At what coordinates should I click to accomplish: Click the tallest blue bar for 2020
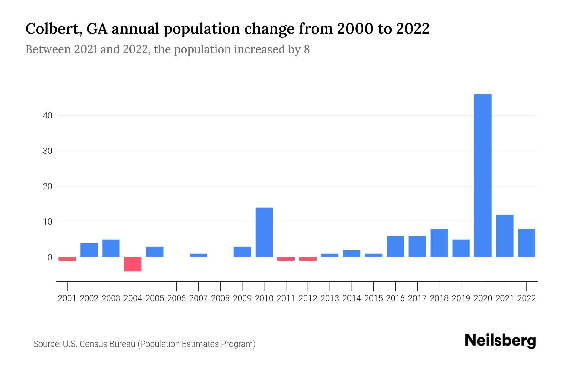[483, 176]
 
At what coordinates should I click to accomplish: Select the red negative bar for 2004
[133, 264]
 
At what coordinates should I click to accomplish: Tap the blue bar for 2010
[264, 232]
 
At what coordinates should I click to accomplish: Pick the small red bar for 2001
[67, 259]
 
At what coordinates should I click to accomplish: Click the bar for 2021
[505, 236]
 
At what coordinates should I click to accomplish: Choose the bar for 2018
[439, 243]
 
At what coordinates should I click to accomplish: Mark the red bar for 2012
[308, 259]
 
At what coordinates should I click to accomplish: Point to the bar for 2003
[111, 248]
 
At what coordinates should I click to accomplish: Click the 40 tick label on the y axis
[48, 116]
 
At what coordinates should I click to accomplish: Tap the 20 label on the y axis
[48, 187]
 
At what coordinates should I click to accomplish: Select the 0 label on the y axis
[50, 257]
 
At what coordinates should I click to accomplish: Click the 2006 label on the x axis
[177, 298]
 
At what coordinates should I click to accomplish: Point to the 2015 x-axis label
[373, 298]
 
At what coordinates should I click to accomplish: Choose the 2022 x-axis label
[527, 298]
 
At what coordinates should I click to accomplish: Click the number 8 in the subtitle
[307, 49]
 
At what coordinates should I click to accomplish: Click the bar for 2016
[395, 247]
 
